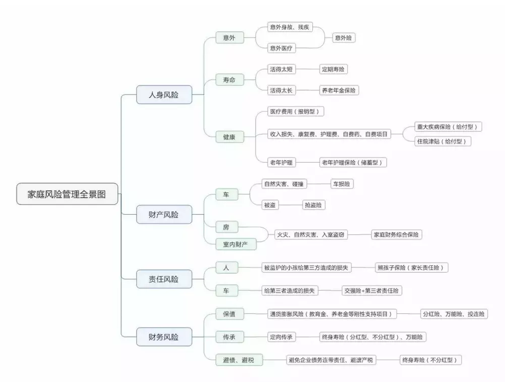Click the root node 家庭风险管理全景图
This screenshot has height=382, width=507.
(67, 194)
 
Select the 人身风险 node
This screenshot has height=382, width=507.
(164, 94)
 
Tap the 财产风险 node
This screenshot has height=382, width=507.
(164, 215)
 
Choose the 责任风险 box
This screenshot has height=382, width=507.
(164, 279)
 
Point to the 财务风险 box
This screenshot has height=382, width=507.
(164, 337)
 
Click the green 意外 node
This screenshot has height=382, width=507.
(229, 37)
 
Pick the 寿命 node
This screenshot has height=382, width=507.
(229, 80)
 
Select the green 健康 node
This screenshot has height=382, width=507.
(229, 137)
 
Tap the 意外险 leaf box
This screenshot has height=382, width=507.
(344, 37)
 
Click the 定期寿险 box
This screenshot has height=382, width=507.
(334, 69)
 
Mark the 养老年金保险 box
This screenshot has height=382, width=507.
(339, 90)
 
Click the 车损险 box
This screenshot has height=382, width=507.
(342, 184)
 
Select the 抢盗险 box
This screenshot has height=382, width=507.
(314, 205)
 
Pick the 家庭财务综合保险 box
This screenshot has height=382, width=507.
(397, 234)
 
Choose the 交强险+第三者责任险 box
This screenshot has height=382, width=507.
(372, 291)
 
